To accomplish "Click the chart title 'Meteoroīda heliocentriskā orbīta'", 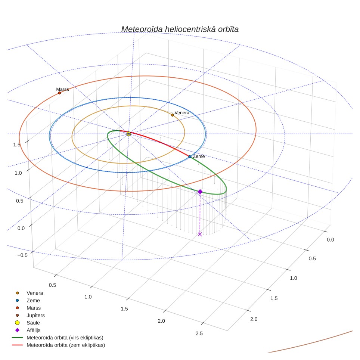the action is click(180, 29).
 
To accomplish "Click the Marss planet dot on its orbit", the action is click(59, 93).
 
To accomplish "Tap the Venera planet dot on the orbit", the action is click(173, 115).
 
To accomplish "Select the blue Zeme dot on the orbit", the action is click(190, 157).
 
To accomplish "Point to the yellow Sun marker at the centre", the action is click(129, 134).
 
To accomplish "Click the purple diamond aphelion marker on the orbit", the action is click(200, 192).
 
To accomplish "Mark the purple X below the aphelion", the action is click(200, 234).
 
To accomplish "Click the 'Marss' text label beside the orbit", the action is click(62, 89).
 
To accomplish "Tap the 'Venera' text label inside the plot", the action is click(182, 113).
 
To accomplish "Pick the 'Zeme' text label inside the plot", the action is click(199, 156).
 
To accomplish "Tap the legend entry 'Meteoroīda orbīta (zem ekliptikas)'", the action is click(58, 345).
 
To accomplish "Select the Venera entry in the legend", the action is click(29, 293).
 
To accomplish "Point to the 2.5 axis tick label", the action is click(199, 333).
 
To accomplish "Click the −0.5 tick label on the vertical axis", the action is click(22, 255).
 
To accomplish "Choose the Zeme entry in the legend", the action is click(28, 301).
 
